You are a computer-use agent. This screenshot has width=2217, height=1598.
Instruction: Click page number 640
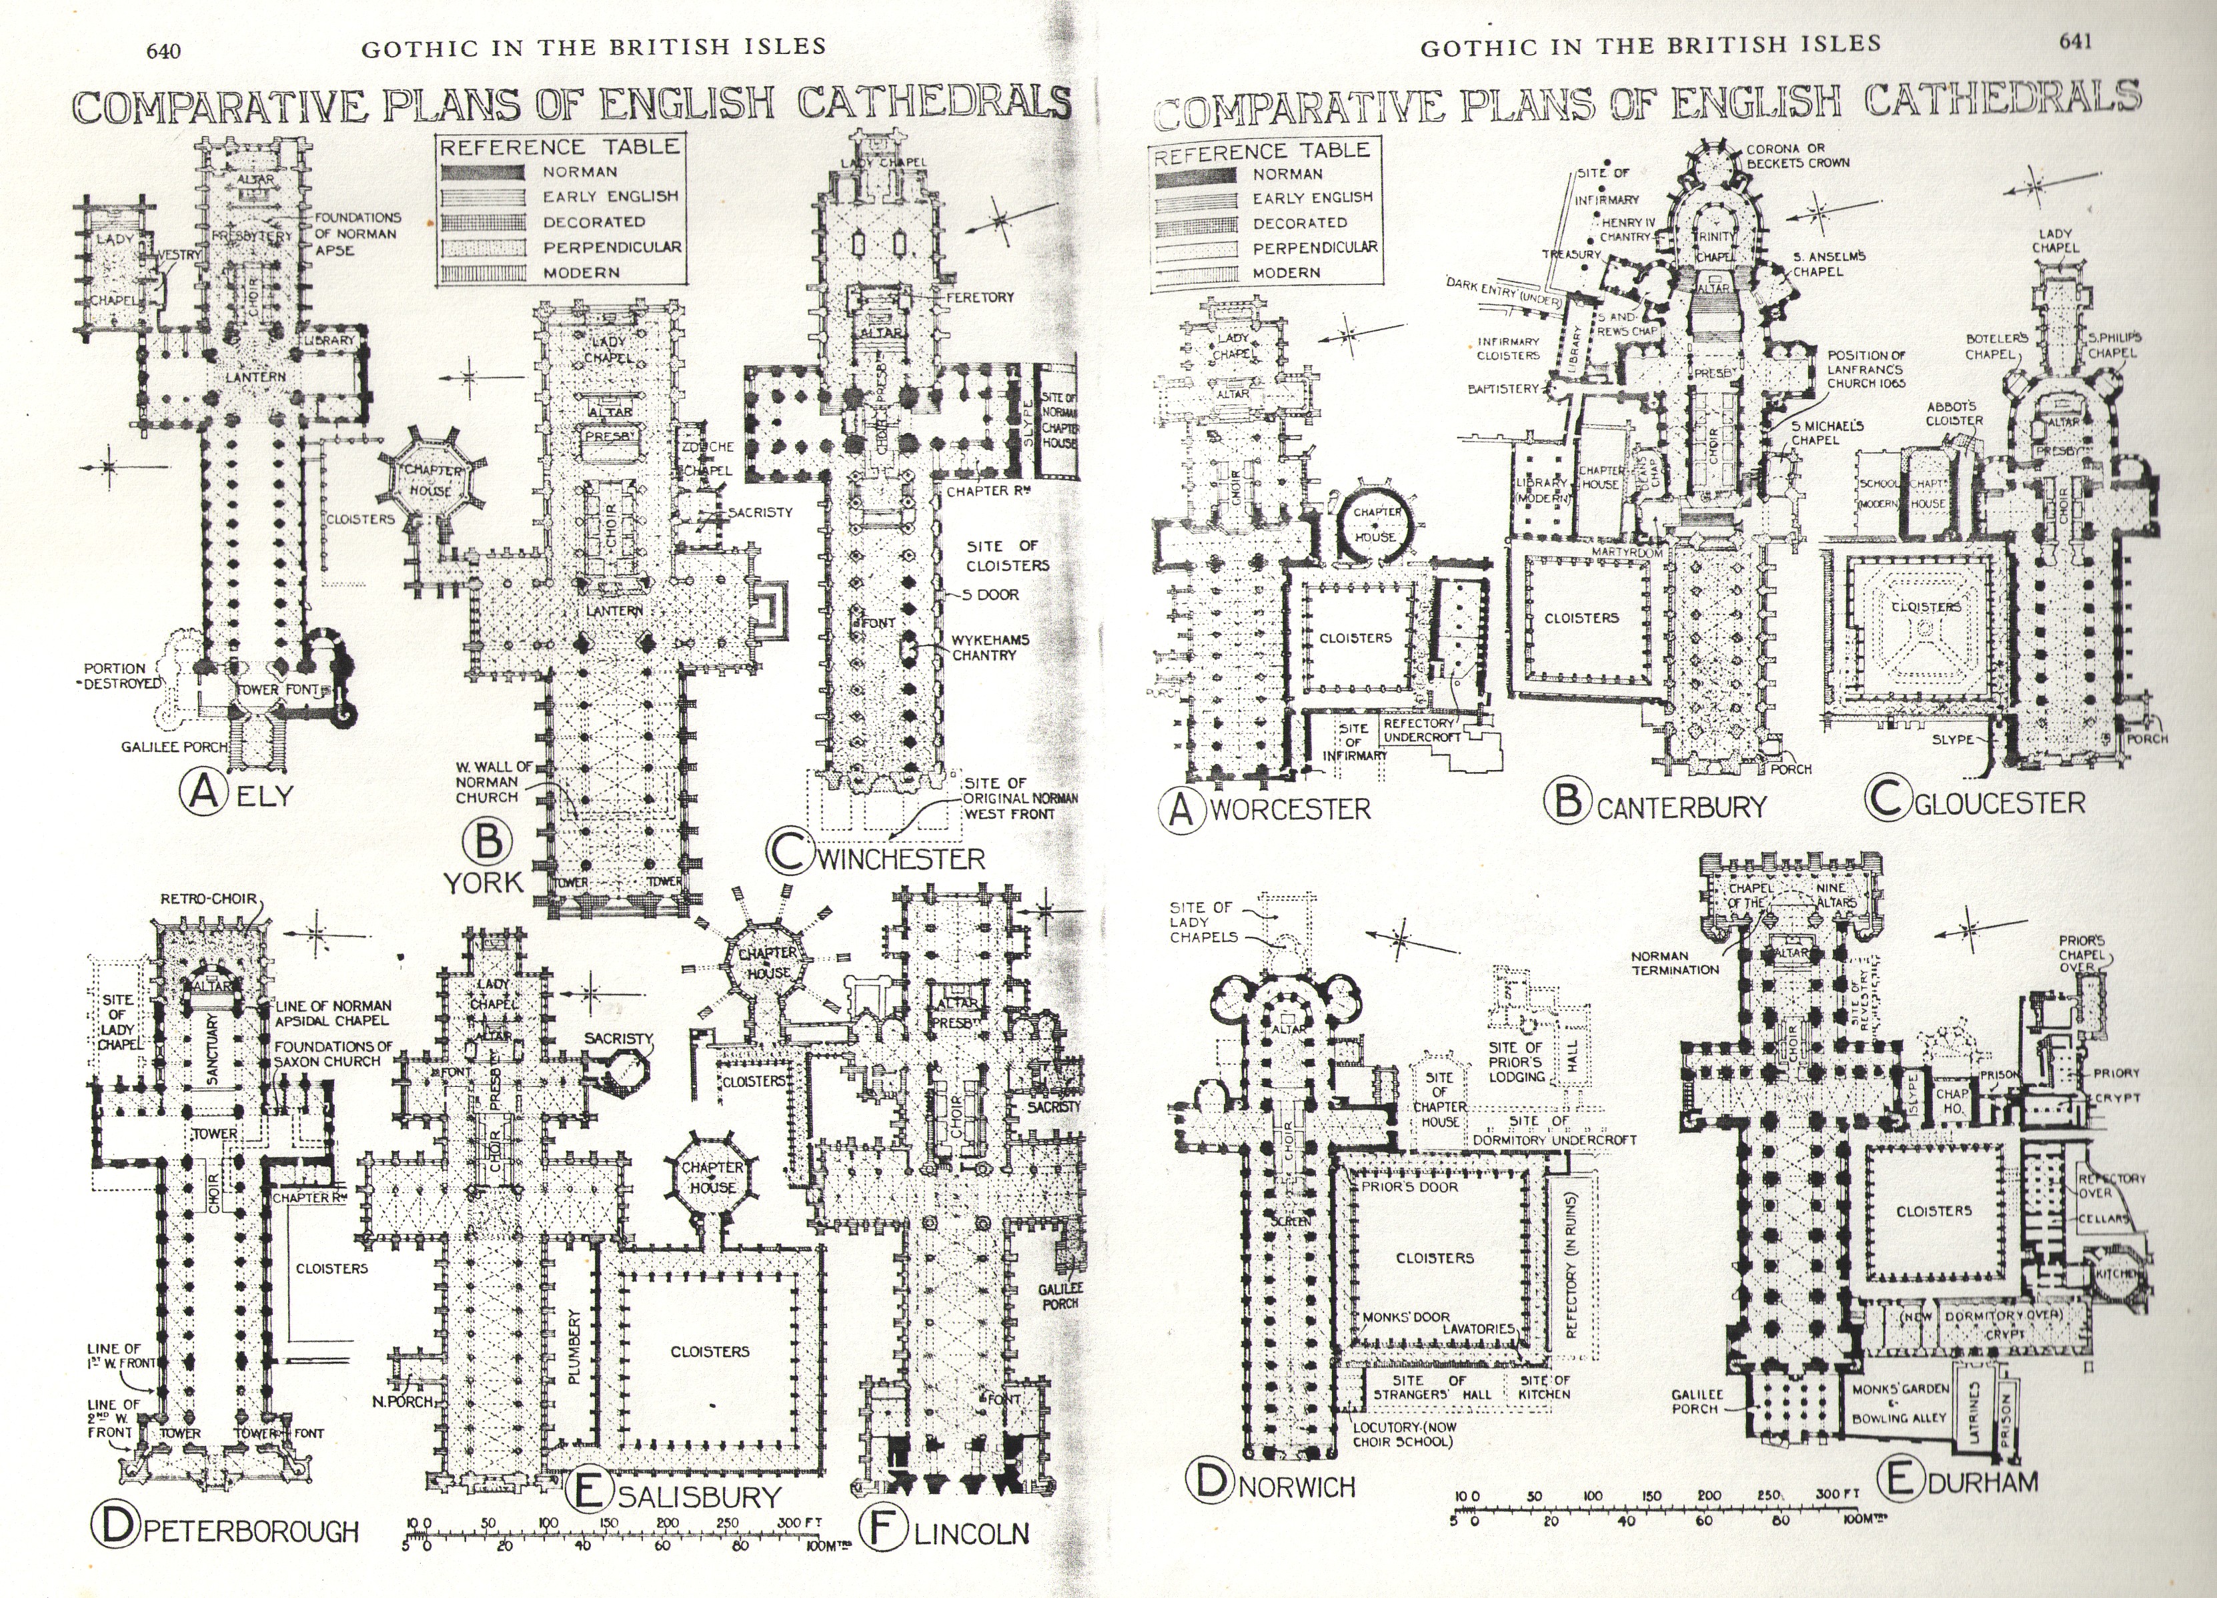pyautogui.click(x=163, y=51)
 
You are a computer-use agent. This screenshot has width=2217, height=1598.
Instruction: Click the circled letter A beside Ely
pyautogui.click(x=204, y=793)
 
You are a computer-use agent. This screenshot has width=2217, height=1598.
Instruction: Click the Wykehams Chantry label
pyautogui.click(x=990, y=647)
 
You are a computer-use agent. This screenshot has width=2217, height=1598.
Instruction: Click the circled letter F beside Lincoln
pyautogui.click(x=884, y=1531)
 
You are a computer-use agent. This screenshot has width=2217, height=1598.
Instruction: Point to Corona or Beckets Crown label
pyautogui.click(x=1797, y=155)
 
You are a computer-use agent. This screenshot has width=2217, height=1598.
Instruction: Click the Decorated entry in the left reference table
pyautogui.click(x=594, y=222)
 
